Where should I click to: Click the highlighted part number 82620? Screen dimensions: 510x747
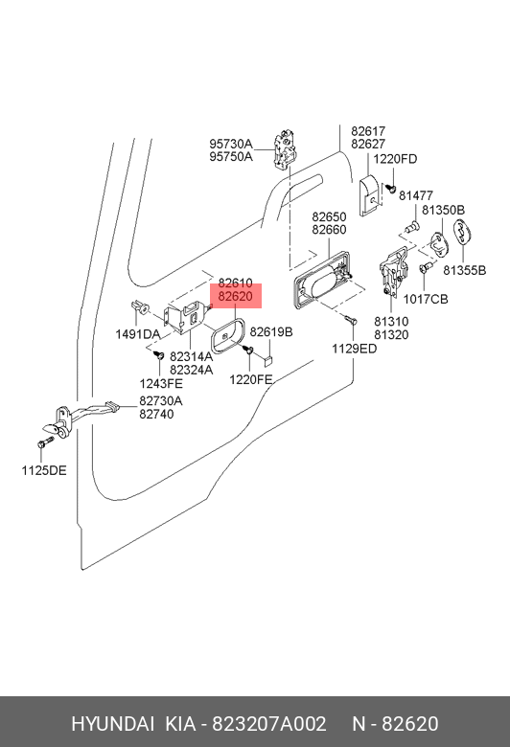pyautogui.click(x=235, y=296)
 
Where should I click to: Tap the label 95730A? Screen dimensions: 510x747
pyautogui.click(x=231, y=144)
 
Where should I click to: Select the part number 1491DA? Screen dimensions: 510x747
pyautogui.click(x=137, y=334)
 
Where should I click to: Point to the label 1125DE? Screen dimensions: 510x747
pyautogui.click(x=44, y=470)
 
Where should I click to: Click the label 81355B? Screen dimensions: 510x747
pyautogui.click(x=465, y=270)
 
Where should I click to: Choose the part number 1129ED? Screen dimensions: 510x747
pyautogui.click(x=355, y=349)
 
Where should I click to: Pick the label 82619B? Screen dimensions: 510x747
pyautogui.click(x=271, y=331)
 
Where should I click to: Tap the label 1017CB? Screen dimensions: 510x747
pyautogui.click(x=426, y=299)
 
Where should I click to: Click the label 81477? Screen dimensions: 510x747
pyautogui.click(x=416, y=195)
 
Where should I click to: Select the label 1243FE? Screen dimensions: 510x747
pyautogui.click(x=161, y=383)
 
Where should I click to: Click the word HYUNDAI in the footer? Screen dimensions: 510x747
pyautogui.click(x=112, y=724)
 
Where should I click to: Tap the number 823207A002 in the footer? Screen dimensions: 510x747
pyautogui.click(x=269, y=724)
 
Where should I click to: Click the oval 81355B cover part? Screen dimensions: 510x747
pyautogui.click(x=462, y=234)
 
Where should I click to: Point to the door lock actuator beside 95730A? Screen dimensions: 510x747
pyautogui.click(x=285, y=148)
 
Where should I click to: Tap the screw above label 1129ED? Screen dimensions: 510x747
pyautogui.click(x=351, y=319)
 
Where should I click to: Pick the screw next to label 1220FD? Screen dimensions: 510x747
pyautogui.click(x=391, y=188)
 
